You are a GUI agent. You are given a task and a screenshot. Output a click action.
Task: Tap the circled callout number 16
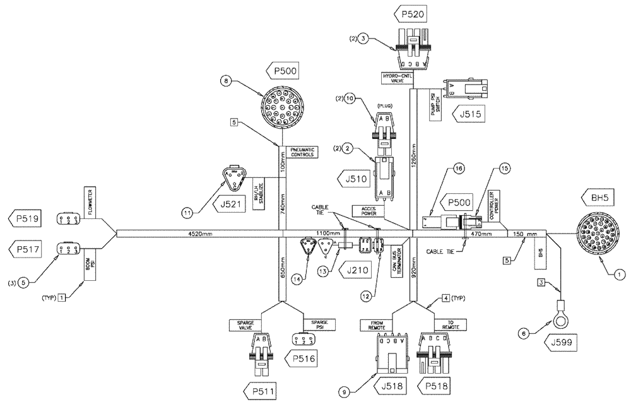coord(457,169)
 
